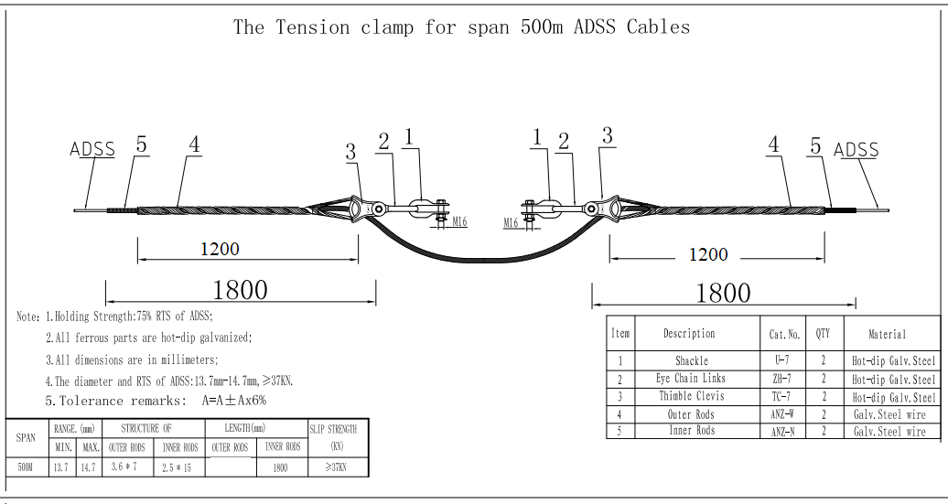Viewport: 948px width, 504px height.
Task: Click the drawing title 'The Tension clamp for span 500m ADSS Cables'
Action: [x=461, y=27]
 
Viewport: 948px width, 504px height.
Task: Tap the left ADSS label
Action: [x=92, y=149]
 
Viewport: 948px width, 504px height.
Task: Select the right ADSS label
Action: [x=856, y=150]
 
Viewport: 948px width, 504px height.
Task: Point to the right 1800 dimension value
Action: [x=723, y=293]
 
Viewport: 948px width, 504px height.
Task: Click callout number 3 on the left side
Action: [x=350, y=153]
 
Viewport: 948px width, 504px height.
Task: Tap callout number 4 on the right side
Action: [x=774, y=145]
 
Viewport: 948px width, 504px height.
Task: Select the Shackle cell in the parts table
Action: [x=692, y=361]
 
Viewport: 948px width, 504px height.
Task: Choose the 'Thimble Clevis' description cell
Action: [x=692, y=396]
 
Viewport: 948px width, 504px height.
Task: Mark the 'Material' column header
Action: [x=887, y=334]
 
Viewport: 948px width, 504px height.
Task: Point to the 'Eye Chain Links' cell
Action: [x=692, y=379]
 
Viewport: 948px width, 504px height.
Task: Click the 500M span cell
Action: [x=27, y=466]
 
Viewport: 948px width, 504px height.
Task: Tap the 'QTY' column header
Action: [x=823, y=334]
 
